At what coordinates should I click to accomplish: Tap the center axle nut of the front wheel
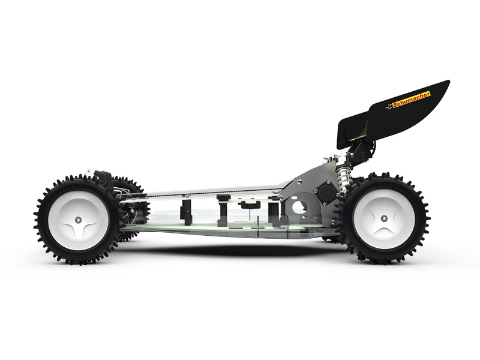[x=79, y=220]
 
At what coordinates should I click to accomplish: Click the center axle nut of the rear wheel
[x=383, y=218]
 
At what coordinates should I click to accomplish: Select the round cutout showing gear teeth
[x=298, y=208]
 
